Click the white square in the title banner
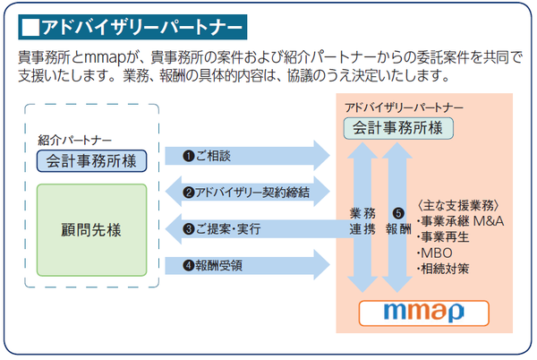click(30, 28)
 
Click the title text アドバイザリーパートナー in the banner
click(142, 28)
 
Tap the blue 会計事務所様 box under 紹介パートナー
click(92, 161)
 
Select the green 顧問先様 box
click(92, 230)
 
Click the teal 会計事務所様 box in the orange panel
click(398, 128)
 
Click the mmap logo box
click(424, 313)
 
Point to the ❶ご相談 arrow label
click(207, 156)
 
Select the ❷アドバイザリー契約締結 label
click(246, 193)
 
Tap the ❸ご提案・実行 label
click(222, 229)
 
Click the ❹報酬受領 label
click(213, 265)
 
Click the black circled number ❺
click(398, 213)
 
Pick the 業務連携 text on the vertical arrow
click(362, 221)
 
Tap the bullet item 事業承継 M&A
click(460, 221)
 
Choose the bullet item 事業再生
click(443, 237)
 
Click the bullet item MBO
click(435, 253)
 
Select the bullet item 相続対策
click(443, 269)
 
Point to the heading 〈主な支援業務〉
click(458, 205)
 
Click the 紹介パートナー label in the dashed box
click(74, 140)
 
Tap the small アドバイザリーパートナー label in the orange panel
click(405, 107)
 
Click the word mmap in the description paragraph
click(106, 58)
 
